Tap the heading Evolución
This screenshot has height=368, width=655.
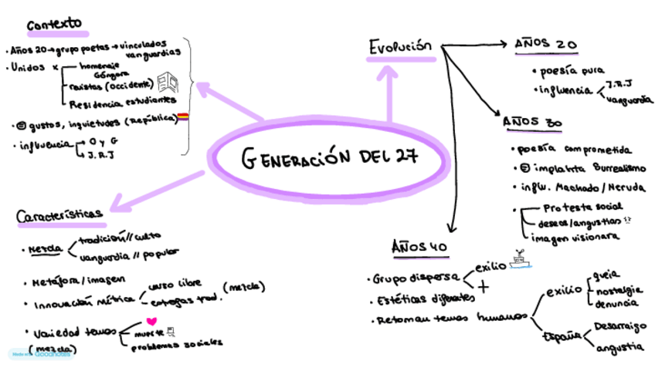click(399, 48)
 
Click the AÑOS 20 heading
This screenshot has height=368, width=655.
click(546, 44)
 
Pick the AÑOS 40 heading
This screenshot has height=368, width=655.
click(419, 247)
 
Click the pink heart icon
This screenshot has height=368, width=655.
click(151, 320)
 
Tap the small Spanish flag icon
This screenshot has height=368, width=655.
click(184, 117)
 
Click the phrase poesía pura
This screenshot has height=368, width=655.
click(572, 70)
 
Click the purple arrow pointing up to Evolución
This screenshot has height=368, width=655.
click(392, 93)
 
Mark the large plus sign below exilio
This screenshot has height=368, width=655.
click(484, 285)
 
